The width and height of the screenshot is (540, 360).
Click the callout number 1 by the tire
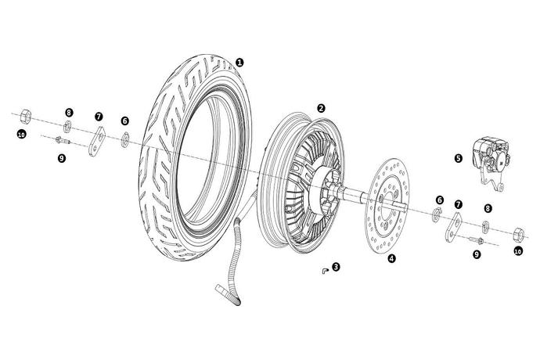click(239, 63)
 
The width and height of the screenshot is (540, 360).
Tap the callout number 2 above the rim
click(321, 108)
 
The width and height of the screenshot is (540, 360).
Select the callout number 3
click(336, 267)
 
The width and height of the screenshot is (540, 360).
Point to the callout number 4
click(391, 258)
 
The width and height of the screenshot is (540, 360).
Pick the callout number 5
click(459, 157)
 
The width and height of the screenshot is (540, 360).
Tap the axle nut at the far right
click(517, 232)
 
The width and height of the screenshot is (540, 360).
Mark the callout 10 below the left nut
click(22, 135)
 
